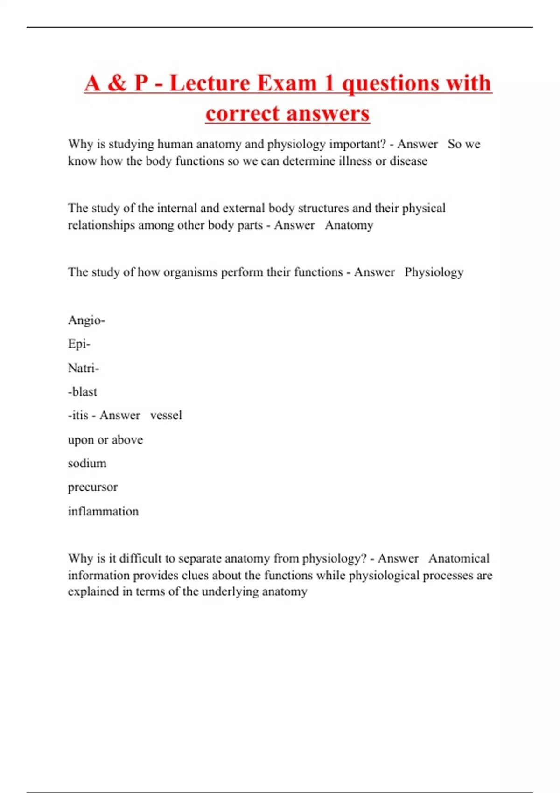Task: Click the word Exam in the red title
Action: coord(287,83)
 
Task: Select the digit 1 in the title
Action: coord(329,83)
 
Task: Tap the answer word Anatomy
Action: coord(349,225)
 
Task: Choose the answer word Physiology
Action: coord(434,272)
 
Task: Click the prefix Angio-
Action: coord(86,320)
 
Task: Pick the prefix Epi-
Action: coord(79,344)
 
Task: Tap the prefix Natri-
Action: coord(84,368)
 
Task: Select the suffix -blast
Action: coord(83,392)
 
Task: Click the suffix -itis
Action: coord(78,415)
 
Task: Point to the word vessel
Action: coord(166,415)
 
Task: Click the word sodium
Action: coord(87,463)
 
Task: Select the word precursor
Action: coord(92,487)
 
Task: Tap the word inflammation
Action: coord(103,511)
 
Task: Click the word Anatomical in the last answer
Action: coord(459,558)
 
